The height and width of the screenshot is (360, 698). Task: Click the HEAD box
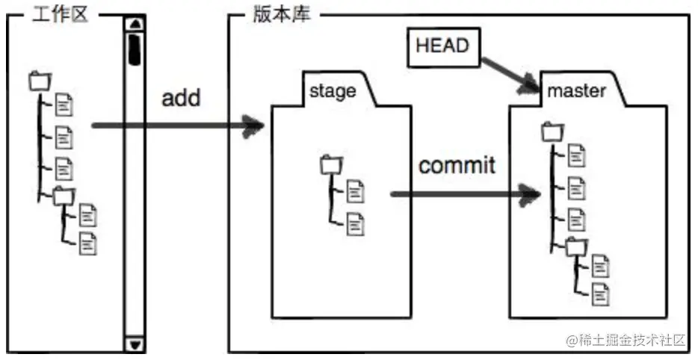pos(442,46)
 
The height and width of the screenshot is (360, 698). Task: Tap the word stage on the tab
pos(333,91)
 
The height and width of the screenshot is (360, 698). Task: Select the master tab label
pos(576,91)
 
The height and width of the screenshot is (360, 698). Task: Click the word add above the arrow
pos(181,97)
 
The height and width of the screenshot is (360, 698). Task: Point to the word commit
pos(457,164)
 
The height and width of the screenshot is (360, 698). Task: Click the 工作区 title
pos(61,15)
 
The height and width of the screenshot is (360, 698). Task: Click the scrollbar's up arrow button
pos(135,24)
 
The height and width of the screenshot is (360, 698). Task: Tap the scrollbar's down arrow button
pos(135,344)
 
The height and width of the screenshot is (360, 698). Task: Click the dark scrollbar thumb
pos(135,49)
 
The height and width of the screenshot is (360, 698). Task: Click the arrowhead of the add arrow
pos(256,126)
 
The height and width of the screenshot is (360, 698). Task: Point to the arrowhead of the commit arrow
pos(531,196)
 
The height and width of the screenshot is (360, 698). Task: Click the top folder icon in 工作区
pos(39,80)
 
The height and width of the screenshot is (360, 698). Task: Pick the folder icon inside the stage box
pos(330,164)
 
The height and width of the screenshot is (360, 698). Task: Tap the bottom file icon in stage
pos(356,222)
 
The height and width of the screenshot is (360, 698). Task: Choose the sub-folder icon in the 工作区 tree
pos(64,196)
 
